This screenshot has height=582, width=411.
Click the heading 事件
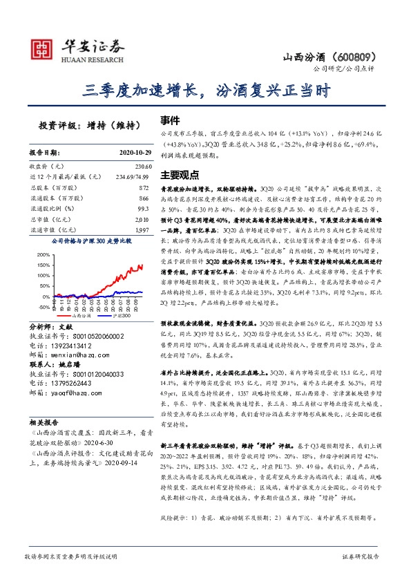(x=171, y=119)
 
